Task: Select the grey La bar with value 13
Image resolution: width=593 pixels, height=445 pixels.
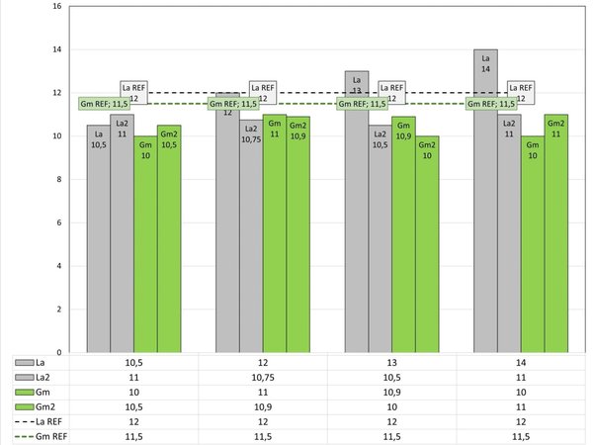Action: tap(357, 218)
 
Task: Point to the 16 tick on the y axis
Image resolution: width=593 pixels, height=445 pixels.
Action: tap(56, 6)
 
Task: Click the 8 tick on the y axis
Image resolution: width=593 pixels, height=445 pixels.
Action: tap(56, 179)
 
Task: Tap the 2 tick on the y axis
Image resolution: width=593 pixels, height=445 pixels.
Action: tap(56, 309)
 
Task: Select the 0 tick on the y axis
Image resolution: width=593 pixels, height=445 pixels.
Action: tap(56, 352)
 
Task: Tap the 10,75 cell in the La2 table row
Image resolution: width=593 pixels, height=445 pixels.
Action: tap(263, 377)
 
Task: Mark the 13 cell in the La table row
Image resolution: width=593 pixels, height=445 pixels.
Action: tap(391, 362)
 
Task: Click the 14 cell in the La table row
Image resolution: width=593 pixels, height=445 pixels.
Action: tap(521, 362)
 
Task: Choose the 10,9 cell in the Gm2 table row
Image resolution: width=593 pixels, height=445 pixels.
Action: tap(263, 406)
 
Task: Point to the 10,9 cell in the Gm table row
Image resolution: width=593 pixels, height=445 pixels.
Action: tap(391, 392)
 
